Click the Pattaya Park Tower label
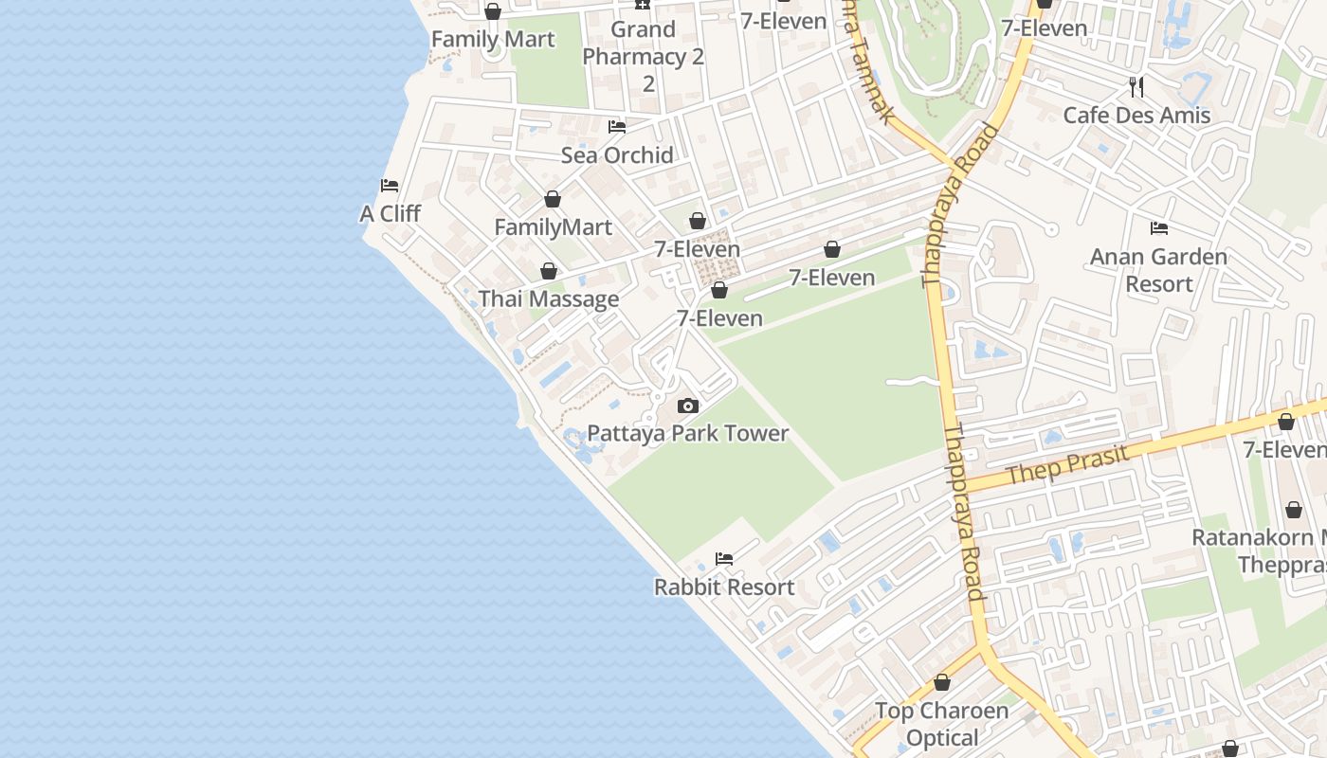687,433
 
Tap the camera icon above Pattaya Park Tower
688,406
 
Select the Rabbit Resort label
724,587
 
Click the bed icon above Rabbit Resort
724,559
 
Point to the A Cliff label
390,213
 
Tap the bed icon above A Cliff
390,186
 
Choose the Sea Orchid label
617,154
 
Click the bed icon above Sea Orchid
617,127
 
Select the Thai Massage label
548,298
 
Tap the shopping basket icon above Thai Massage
549,272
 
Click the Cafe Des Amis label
1136,115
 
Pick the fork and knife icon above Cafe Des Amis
1136,87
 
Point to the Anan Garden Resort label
1158,269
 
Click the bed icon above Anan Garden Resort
1158,228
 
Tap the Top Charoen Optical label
941,723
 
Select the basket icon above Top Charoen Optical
942,682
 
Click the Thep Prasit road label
1067,465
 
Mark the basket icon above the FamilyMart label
553,200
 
